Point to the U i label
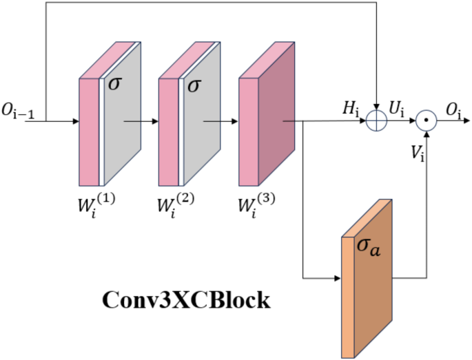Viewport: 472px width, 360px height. pos(398,108)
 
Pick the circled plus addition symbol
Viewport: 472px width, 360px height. pos(377,122)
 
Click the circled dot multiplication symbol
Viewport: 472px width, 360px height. pos(427,122)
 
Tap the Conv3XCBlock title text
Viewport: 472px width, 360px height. pos(186,301)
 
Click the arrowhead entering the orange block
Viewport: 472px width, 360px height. pos(338,279)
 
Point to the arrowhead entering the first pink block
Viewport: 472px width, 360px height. pos(75,123)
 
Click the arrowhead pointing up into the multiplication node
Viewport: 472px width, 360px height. pos(427,135)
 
